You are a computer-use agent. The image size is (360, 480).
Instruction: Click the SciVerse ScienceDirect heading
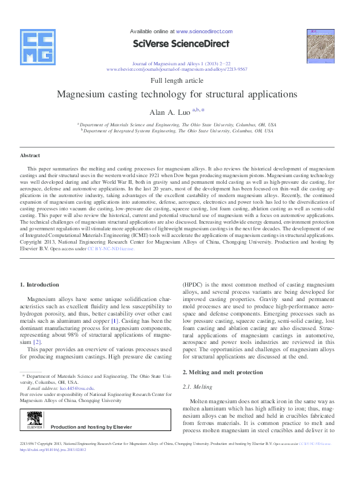coord(180,44)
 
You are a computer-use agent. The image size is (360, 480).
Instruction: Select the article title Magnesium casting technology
coord(180,94)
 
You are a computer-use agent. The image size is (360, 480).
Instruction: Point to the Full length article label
coord(180,80)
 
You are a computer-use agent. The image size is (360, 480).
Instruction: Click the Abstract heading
coord(30,155)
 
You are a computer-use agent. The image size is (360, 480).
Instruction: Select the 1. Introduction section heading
coord(39,284)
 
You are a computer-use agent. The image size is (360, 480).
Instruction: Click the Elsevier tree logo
coord(33,421)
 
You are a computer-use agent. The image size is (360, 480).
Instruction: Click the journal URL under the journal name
coord(180,70)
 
